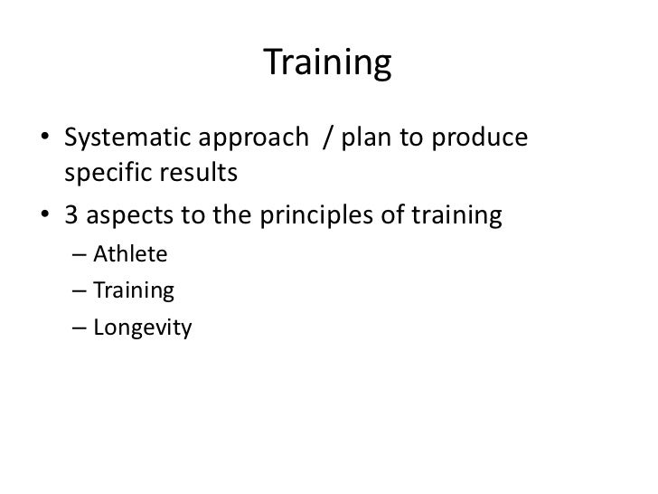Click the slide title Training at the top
328,63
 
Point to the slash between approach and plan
327,141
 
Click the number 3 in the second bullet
71,216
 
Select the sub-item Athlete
130,254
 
